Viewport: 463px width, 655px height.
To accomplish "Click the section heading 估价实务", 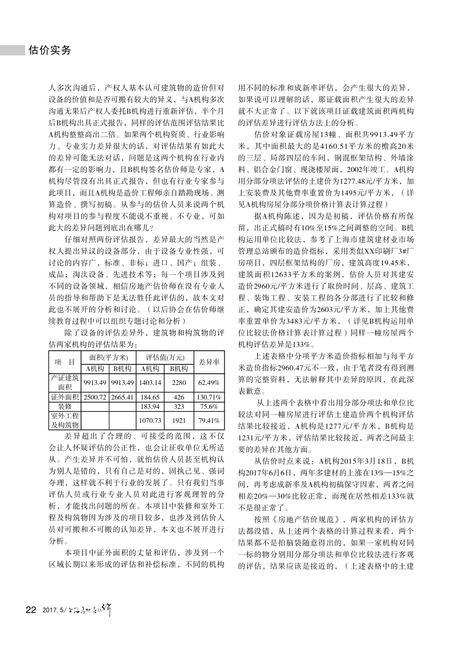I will [x=50, y=50].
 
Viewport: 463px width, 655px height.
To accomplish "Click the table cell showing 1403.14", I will [x=150, y=382].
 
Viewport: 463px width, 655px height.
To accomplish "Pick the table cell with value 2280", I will [x=179, y=382].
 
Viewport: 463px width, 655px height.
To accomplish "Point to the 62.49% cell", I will [x=208, y=382].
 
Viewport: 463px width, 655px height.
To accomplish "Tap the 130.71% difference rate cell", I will [x=208, y=397].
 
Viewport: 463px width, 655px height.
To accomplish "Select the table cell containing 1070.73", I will [x=150, y=420].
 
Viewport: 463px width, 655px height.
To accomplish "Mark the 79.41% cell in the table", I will [x=208, y=420].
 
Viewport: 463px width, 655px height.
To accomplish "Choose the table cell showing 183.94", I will [x=150, y=406].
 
